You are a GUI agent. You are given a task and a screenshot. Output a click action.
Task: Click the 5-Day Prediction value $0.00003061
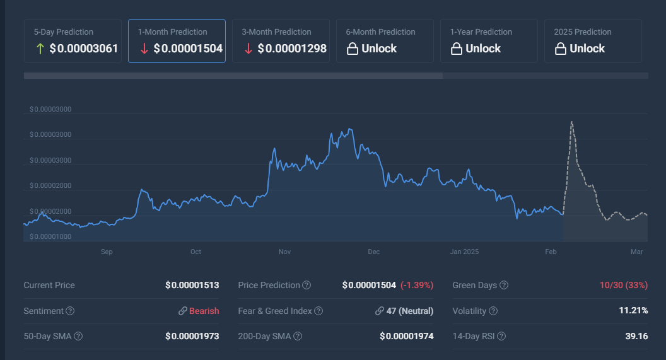[84, 49]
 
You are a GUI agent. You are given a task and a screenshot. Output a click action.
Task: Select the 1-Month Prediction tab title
[172, 32]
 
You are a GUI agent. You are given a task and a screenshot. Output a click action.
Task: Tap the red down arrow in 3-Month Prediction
[248, 49]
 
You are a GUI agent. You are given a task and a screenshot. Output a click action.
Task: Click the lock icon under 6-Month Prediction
[352, 49]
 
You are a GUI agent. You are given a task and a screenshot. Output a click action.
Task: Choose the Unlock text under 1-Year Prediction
[482, 49]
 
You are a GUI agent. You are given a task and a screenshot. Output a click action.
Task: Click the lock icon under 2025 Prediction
[560, 49]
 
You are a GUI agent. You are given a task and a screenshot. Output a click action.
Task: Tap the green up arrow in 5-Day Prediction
[40, 49]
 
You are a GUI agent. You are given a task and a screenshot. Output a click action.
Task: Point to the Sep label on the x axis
[107, 252]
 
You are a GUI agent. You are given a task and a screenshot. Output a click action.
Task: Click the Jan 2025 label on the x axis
[464, 252]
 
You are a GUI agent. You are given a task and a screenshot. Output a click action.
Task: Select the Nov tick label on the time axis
[285, 252]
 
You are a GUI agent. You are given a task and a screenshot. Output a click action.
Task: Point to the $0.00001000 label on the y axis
[50, 236]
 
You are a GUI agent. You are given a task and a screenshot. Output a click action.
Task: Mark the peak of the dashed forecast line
[571, 122]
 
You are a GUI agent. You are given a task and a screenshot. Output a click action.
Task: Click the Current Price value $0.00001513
[192, 285]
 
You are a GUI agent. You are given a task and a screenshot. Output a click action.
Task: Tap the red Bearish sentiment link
[204, 311]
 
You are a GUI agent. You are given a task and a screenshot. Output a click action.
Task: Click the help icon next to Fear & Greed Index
[318, 311]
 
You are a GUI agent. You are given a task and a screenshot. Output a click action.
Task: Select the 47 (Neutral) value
[409, 311]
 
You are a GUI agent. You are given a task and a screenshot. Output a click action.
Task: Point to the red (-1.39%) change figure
[417, 285]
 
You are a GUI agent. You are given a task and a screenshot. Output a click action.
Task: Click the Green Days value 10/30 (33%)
[623, 285]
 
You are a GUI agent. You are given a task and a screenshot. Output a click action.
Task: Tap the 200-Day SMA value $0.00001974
[406, 336]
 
